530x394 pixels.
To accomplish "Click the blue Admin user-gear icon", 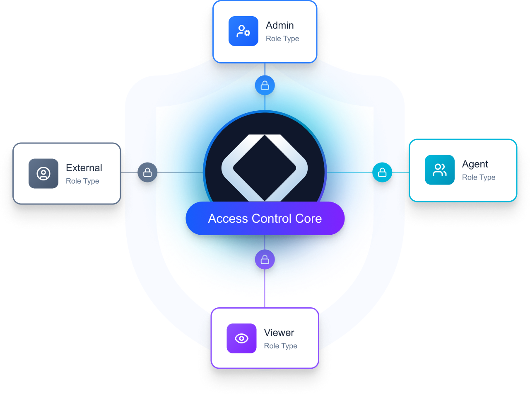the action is [243, 31].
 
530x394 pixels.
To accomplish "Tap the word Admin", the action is [280, 25].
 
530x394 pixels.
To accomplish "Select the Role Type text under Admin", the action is [282, 39].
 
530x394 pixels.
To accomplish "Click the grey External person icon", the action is [43, 173].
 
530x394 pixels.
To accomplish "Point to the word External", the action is [84, 168].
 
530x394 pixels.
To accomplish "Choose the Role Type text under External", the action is [82, 181].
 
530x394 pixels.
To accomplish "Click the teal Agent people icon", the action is [440, 170].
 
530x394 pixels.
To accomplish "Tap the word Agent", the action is [475, 164].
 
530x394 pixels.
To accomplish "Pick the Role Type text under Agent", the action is [479, 178].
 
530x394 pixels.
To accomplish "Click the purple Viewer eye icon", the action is [241, 338].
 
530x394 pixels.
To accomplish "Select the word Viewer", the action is [279, 333].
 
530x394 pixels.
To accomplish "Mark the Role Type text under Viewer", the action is [281, 346].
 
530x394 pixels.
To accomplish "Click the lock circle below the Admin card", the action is [265, 86].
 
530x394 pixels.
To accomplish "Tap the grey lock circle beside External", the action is [147, 172].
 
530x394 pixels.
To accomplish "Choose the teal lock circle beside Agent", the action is [382, 172].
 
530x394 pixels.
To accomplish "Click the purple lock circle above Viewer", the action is [265, 260].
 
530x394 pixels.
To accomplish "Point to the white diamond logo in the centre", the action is [265, 168].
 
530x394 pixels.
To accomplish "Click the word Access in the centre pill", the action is [228, 219].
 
